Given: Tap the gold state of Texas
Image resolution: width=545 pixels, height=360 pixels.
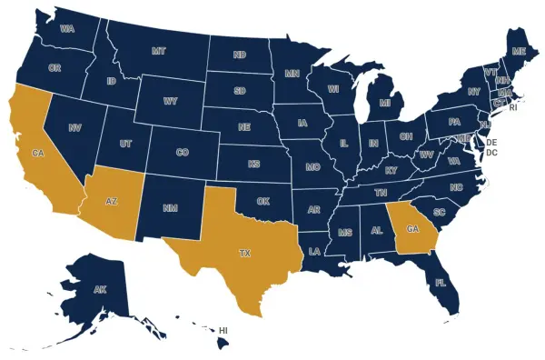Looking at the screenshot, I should pos(243,253).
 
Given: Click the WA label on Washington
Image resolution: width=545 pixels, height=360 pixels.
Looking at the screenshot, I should pos(66,29).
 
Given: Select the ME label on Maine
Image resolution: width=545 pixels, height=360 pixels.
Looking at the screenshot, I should pos(519,52).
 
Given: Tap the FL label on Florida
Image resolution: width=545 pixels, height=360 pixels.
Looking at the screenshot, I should pos(441,283).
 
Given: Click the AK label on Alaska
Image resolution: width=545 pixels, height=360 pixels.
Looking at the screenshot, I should pos(98,291).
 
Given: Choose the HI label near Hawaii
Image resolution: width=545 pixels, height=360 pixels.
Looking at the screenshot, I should pos(223,330).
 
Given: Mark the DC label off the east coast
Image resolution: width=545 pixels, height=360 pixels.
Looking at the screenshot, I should pos(491,153).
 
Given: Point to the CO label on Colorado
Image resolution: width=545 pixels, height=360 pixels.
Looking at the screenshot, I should pos(182,152).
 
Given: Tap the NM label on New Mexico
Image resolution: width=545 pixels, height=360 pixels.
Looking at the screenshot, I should pos(170,209).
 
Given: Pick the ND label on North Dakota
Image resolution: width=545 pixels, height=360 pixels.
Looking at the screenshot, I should pos(240,55).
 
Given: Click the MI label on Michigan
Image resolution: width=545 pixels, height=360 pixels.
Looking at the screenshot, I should pos(385,104).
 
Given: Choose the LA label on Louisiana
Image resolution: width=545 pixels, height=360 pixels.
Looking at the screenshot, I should pos(314,250).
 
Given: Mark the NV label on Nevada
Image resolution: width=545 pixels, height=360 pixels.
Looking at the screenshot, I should pos(75,129).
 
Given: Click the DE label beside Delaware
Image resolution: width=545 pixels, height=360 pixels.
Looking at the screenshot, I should pos(491,143).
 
